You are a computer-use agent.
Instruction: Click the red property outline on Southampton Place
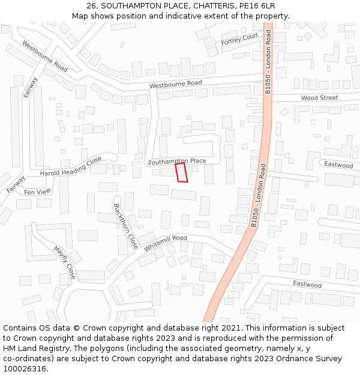tap(181, 173)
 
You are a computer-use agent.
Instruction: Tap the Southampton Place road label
tap(177, 161)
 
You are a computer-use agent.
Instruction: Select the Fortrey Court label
tap(239, 40)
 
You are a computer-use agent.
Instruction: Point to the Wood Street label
tap(319, 97)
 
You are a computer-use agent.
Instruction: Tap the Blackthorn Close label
tap(126, 226)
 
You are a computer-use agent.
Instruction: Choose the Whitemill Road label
tap(166, 242)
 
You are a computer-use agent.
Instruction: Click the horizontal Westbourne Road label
tap(176, 83)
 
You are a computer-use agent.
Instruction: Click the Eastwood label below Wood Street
tap(338, 164)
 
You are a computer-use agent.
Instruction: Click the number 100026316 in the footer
tap(24, 368)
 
